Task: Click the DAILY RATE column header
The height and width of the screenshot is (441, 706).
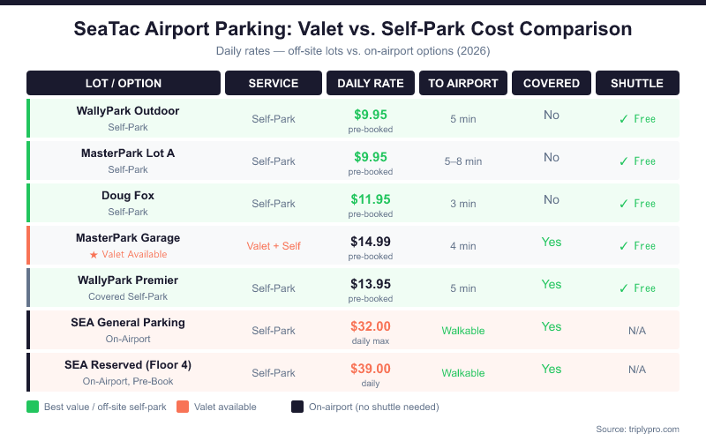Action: coord(371,83)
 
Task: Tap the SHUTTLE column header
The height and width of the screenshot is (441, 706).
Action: coord(636,83)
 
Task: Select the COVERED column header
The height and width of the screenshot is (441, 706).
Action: coord(551,83)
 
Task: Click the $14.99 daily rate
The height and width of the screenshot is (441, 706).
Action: coord(371,241)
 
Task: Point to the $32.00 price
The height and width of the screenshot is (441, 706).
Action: coord(371,325)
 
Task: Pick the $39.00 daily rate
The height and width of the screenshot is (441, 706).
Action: coord(371,368)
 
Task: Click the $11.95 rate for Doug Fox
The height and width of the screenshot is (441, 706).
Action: coord(371,198)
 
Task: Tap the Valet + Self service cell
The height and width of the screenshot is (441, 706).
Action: coord(274,246)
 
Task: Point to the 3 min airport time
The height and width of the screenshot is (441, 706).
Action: coord(463,204)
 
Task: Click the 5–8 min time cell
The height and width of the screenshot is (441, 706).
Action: coord(463,161)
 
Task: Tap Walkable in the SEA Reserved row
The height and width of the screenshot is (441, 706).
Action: coord(463,373)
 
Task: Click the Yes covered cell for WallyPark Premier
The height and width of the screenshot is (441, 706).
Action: coord(551,284)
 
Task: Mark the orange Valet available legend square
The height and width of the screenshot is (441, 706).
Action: coord(183,407)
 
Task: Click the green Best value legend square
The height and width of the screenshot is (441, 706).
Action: coord(33,407)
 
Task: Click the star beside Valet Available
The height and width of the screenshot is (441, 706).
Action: coord(93,255)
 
